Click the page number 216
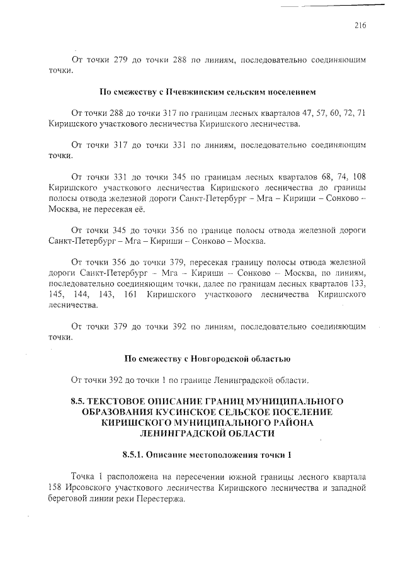click(360, 26)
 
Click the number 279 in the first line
click(121, 60)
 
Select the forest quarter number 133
click(358, 283)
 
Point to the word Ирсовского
click(94, 488)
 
